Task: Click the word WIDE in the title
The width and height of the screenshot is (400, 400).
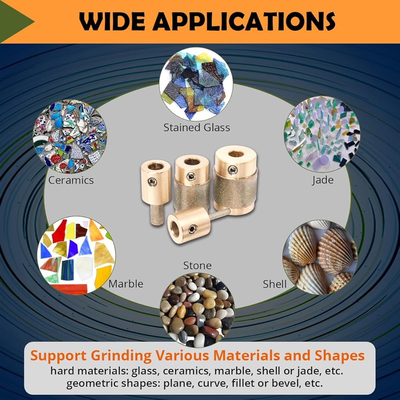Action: click(112, 22)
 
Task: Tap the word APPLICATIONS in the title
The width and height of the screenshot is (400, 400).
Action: click(244, 22)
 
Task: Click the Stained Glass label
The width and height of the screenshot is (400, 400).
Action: click(197, 128)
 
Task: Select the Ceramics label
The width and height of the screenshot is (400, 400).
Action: click(71, 180)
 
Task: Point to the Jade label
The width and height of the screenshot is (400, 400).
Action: click(323, 180)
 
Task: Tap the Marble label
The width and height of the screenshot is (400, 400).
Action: click(126, 284)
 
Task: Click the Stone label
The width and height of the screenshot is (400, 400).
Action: click(198, 266)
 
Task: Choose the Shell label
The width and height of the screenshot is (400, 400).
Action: click(275, 284)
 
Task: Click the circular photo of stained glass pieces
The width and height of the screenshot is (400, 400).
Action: click(196, 84)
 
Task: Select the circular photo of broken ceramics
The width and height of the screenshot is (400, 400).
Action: click(70, 136)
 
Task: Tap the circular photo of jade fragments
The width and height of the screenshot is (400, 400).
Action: click(322, 134)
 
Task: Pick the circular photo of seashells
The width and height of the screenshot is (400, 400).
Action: click(320, 257)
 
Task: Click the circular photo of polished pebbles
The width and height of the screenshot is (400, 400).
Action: click(197, 310)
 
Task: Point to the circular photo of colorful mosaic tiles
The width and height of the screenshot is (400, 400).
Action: click(76, 255)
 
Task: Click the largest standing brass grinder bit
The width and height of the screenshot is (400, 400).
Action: click(235, 180)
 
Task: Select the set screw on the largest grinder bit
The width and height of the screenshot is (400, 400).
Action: click(232, 170)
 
